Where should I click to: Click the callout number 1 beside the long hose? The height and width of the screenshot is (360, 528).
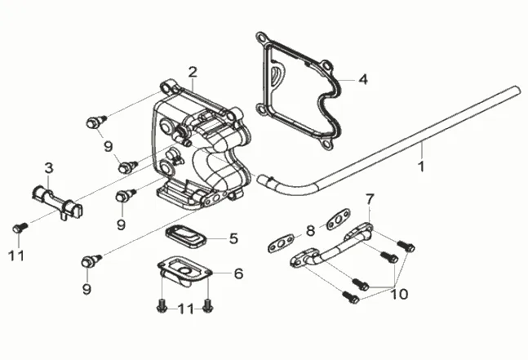coord(421,167)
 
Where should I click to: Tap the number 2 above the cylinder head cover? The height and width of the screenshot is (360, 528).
coord(193,72)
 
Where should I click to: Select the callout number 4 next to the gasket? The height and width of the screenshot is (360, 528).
coord(363,79)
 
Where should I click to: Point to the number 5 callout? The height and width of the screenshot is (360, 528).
coord(233,238)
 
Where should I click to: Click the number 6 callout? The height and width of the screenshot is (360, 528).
coord(238,273)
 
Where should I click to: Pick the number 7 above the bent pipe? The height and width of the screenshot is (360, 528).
coord(370,199)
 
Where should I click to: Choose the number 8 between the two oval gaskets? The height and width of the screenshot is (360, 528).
coord(310,231)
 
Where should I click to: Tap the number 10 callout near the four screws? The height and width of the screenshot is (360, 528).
coord(399,294)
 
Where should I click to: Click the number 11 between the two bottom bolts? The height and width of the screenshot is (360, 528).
coord(185,309)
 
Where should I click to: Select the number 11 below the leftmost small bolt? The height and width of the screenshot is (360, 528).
coord(16,256)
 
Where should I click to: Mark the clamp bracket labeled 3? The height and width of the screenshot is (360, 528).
coord(57,202)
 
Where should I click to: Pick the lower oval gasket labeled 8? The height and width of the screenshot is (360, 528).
coord(281,243)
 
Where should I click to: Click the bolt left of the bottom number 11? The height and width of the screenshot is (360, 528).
coord(162,306)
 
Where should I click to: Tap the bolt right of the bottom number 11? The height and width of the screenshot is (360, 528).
coord(208,306)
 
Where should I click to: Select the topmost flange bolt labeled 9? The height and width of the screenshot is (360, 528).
coord(96,122)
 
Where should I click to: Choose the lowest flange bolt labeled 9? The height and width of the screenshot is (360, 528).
coord(91,260)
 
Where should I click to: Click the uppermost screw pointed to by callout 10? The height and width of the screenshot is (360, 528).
coord(406,246)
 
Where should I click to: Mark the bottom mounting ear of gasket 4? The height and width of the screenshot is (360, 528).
coord(326,144)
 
